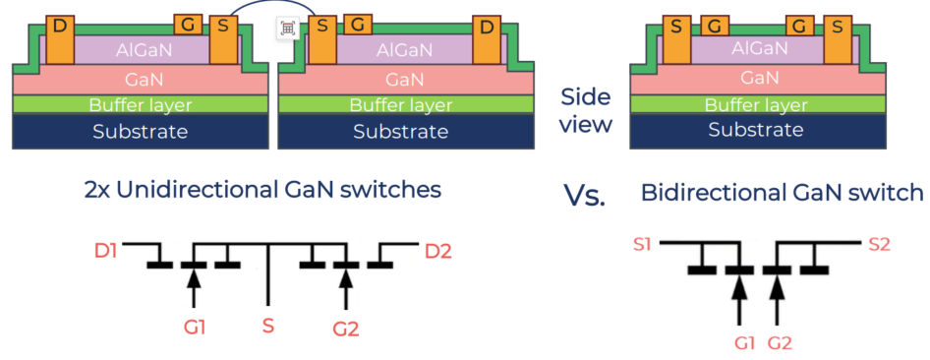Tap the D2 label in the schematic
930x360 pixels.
click(x=438, y=252)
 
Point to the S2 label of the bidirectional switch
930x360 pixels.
click(x=880, y=244)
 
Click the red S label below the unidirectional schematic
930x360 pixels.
click(x=268, y=325)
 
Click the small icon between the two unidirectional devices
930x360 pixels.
click(x=288, y=29)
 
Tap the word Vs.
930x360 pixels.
click(x=584, y=197)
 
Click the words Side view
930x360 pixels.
click(x=586, y=111)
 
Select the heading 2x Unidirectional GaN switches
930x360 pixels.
click(x=262, y=191)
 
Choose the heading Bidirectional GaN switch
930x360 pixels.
click(x=783, y=193)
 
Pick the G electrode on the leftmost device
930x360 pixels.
click(x=188, y=25)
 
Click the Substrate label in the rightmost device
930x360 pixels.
click(x=756, y=129)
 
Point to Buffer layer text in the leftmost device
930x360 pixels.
click(x=141, y=105)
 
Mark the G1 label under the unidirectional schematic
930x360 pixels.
click(x=194, y=327)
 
